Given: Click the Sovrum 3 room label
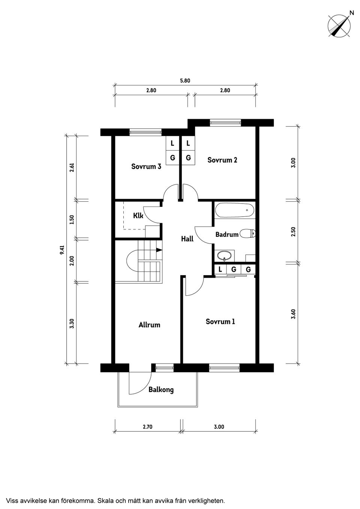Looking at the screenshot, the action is tap(146, 166).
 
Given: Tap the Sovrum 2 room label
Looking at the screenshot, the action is tap(222, 160).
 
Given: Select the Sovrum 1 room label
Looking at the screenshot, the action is tap(220, 322).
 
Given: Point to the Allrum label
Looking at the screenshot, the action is tap(149, 325).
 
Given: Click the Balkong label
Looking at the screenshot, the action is tap(161, 390).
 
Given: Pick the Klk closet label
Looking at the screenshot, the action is tap(138, 216).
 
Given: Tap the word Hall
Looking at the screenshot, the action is tap(187, 239).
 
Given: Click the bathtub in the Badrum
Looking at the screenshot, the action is tap(234, 210).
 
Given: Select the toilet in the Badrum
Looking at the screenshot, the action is tap(248, 234).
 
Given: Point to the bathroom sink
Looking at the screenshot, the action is tap(225, 256).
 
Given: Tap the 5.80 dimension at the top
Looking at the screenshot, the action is tap(185, 81).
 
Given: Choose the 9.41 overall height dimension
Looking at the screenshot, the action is tap(62, 250).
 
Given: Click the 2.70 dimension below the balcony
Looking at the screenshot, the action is tap(147, 427).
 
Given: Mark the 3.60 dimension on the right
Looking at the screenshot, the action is tap(293, 314).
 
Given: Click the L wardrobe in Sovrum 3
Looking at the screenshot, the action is tap(172, 144).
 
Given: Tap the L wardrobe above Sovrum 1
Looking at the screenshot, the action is tap(220, 269).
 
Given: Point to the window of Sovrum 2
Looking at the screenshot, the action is tap(225, 123).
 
